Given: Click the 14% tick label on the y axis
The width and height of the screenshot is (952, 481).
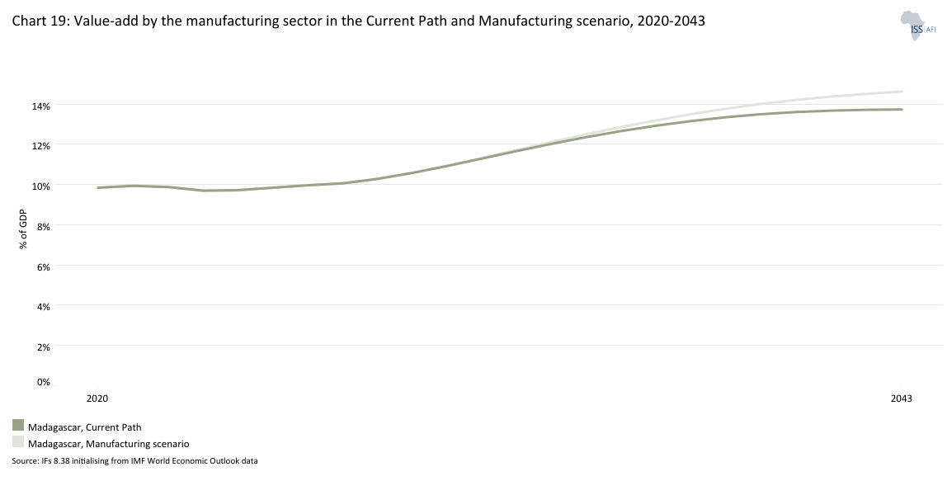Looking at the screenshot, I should (x=41, y=106).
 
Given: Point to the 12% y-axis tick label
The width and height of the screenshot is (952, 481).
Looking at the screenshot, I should (x=41, y=145).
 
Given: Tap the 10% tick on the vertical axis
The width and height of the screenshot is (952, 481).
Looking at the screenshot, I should (x=41, y=186).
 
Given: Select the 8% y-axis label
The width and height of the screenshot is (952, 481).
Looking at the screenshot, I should (x=44, y=225).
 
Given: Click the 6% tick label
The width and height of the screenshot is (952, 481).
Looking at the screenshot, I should (x=44, y=266).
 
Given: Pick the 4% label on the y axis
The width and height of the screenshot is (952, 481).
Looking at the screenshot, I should (x=44, y=306).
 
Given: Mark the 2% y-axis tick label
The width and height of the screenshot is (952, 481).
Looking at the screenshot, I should (x=44, y=347).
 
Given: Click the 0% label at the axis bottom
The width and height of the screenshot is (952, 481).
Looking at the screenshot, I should (x=44, y=381).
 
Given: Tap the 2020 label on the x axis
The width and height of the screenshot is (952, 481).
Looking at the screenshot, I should (x=97, y=398).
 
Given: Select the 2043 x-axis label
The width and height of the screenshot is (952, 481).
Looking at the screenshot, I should (x=901, y=398).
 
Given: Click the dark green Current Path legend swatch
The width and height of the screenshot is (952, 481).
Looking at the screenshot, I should (x=18, y=426).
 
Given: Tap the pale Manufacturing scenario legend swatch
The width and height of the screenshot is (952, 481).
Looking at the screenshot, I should (x=18, y=442).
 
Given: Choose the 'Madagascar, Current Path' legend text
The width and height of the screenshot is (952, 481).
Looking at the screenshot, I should (x=85, y=427).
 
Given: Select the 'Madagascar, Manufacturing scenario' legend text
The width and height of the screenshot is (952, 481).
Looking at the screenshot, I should (x=109, y=444).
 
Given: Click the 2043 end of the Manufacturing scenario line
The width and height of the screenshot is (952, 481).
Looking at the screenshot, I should (x=902, y=92).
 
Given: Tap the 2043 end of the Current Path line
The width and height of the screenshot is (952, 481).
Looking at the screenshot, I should (x=902, y=110).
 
